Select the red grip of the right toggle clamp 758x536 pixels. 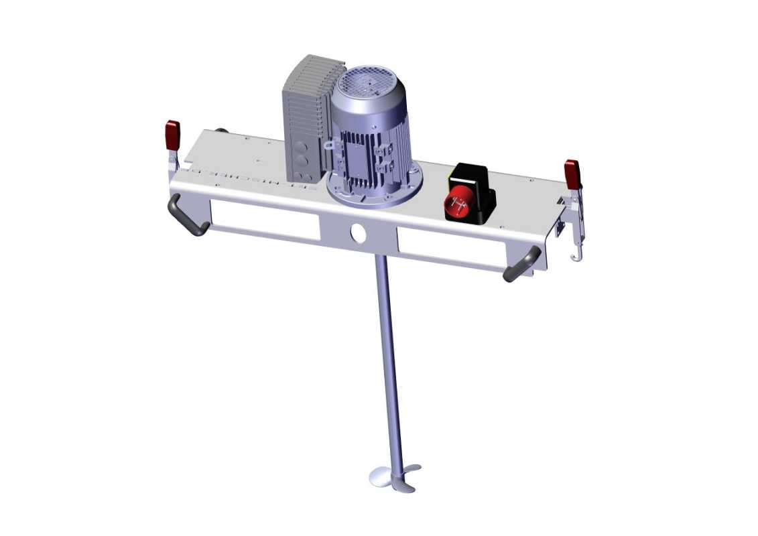click(572, 174)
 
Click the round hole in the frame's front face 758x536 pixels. click(358, 232)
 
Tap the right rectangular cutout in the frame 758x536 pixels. click(450, 246)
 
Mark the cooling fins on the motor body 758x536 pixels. click(355, 154)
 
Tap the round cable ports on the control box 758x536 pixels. click(300, 161)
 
